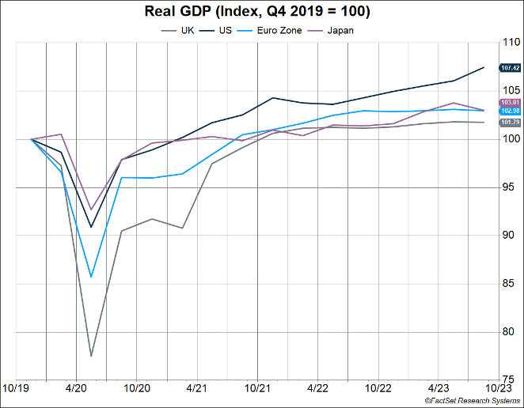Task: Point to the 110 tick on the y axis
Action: tap(508, 43)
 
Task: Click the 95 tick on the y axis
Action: tap(508, 187)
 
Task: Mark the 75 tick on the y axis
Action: tap(508, 380)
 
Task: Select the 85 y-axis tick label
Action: tap(508, 283)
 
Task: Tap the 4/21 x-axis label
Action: tap(196, 389)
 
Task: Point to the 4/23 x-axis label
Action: tap(439, 389)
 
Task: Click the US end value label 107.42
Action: tap(510, 68)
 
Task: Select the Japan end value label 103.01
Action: tap(510, 103)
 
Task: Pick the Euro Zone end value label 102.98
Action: tap(510, 111)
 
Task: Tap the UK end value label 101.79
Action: tap(510, 123)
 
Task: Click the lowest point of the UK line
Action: tap(91, 356)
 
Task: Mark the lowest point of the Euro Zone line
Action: tap(91, 277)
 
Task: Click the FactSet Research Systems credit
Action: tap(471, 402)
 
